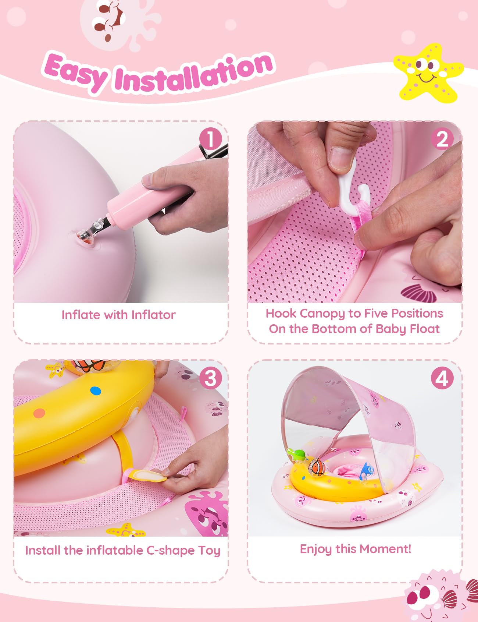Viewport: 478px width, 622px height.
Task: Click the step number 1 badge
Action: coord(210,139)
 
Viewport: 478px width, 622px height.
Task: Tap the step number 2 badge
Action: coord(442,139)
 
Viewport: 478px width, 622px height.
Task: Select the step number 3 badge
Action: coord(210,378)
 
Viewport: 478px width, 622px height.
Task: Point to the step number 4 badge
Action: coord(442,378)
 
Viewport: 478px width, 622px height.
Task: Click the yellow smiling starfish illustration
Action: coord(428,73)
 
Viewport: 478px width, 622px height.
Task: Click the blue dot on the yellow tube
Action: coord(95,390)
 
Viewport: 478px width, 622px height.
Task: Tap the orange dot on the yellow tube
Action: coord(39,413)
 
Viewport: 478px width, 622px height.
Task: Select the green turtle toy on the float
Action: coord(296,456)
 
